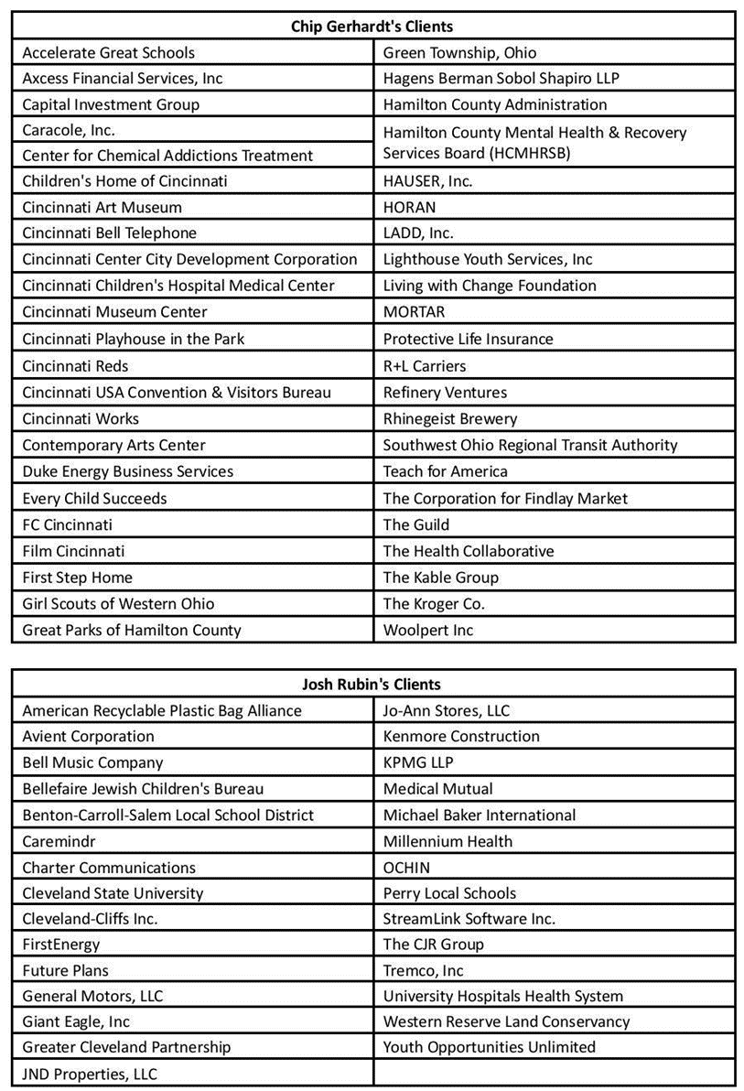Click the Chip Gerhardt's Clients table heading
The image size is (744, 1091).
coord(372,26)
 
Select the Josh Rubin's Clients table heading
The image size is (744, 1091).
coord(372,684)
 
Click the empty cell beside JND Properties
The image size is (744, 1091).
coord(554,1074)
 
